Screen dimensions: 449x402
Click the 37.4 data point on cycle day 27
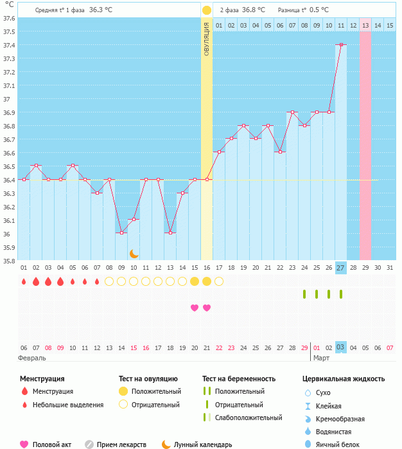(341, 45)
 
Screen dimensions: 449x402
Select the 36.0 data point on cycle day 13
(170, 233)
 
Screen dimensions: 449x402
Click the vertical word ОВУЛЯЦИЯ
(207, 39)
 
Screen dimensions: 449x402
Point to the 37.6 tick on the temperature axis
(10, 18)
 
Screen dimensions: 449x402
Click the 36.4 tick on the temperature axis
(10, 180)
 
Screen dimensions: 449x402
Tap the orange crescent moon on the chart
(134, 254)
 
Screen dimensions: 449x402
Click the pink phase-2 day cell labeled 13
(365, 25)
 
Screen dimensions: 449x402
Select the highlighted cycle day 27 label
(341, 267)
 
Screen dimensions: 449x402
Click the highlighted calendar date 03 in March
(341, 348)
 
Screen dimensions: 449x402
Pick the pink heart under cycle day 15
(195, 308)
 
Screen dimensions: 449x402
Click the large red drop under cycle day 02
(36, 281)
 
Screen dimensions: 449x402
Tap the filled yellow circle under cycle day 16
(207, 281)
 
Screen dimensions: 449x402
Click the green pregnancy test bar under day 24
(304, 294)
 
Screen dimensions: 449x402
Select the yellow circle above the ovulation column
(207, 10)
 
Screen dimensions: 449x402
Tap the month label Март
(322, 357)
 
